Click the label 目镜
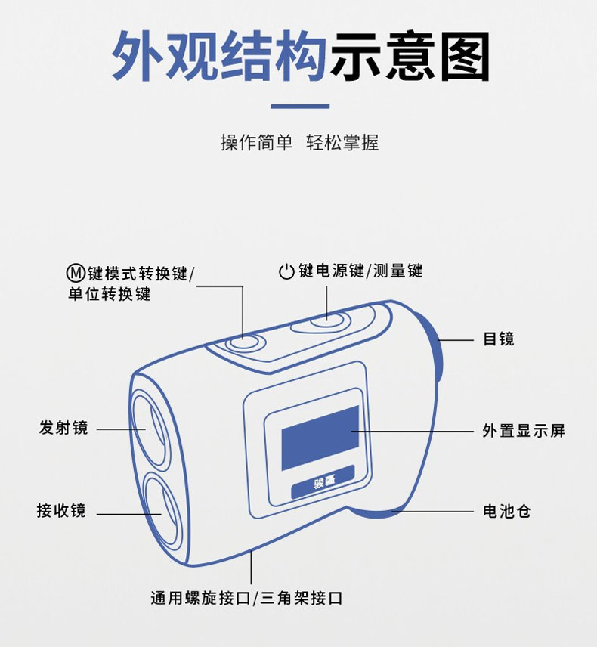pyautogui.click(x=499, y=339)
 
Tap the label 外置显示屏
pyautogui.click(x=524, y=431)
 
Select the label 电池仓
pyautogui.click(x=507, y=512)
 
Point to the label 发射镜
pyautogui.click(x=63, y=428)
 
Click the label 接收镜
pyautogui.click(x=61, y=510)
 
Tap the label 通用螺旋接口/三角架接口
pyautogui.click(x=246, y=598)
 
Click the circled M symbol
pyautogui.click(x=76, y=273)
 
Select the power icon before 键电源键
pyautogui.click(x=286, y=272)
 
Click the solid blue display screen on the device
pyautogui.click(x=320, y=438)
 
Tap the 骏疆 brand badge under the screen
pyautogui.click(x=323, y=482)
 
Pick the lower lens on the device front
pyautogui.click(x=162, y=511)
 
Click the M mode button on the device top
pyautogui.click(x=245, y=343)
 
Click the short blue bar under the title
pyautogui.click(x=300, y=107)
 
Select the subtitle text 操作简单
pyautogui.click(x=257, y=143)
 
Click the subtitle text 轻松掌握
pyautogui.click(x=342, y=143)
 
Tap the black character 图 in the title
pyautogui.click(x=465, y=56)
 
